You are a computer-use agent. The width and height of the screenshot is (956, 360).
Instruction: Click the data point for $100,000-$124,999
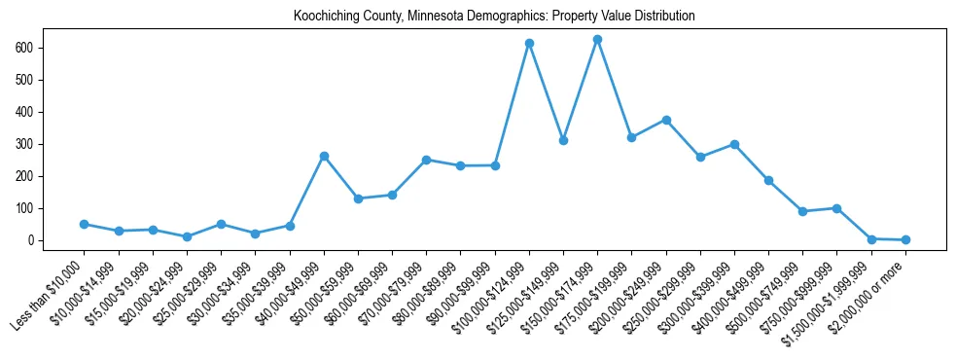click(529, 44)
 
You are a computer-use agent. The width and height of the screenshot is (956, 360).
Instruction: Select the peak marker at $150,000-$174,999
click(597, 40)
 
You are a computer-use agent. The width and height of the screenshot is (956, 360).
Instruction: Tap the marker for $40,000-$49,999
click(324, 156)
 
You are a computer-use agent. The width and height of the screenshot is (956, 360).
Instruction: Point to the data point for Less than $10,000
click(85, 224)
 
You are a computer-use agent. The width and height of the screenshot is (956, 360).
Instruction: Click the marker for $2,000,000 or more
click(905, 239)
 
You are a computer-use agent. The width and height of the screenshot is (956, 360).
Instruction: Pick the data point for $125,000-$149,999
click(563, 141)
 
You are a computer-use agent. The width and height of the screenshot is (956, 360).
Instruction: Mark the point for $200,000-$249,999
click(666, 120)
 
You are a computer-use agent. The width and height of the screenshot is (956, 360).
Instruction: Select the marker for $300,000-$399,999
click(734, 144)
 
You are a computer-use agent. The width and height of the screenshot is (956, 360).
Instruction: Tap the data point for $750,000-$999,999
click(837, 208)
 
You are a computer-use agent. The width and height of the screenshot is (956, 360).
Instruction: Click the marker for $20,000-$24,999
click(187, 236)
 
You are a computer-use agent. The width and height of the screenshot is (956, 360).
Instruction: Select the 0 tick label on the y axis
click(30, 240)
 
